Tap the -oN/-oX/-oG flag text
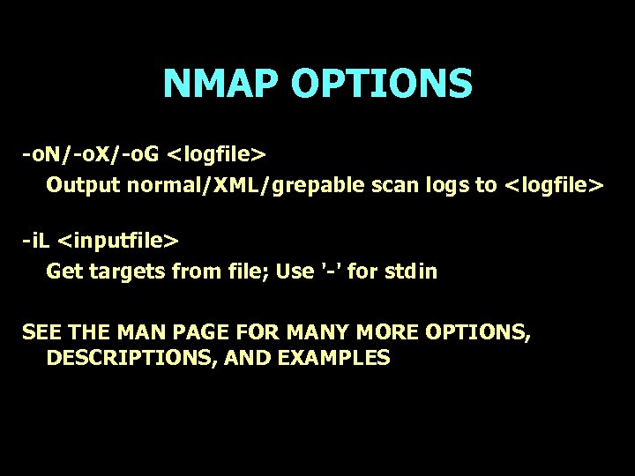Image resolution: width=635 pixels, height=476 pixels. [91, 155]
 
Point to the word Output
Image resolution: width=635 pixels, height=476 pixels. [83, 185]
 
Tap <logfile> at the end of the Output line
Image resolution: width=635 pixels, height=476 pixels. [554, 185]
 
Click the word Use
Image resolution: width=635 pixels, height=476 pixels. [295, 271]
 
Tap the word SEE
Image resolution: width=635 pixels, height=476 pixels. [41, 332]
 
